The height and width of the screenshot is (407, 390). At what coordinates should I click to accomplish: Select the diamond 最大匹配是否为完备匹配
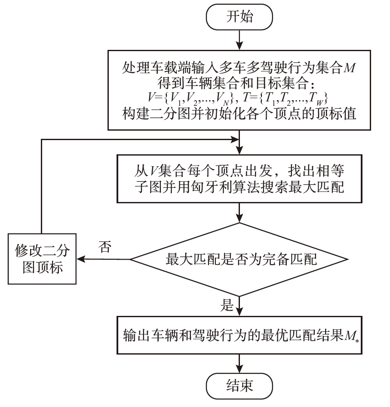pos(240,260)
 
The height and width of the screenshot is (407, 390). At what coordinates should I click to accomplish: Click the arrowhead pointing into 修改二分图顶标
pos(80,259)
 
